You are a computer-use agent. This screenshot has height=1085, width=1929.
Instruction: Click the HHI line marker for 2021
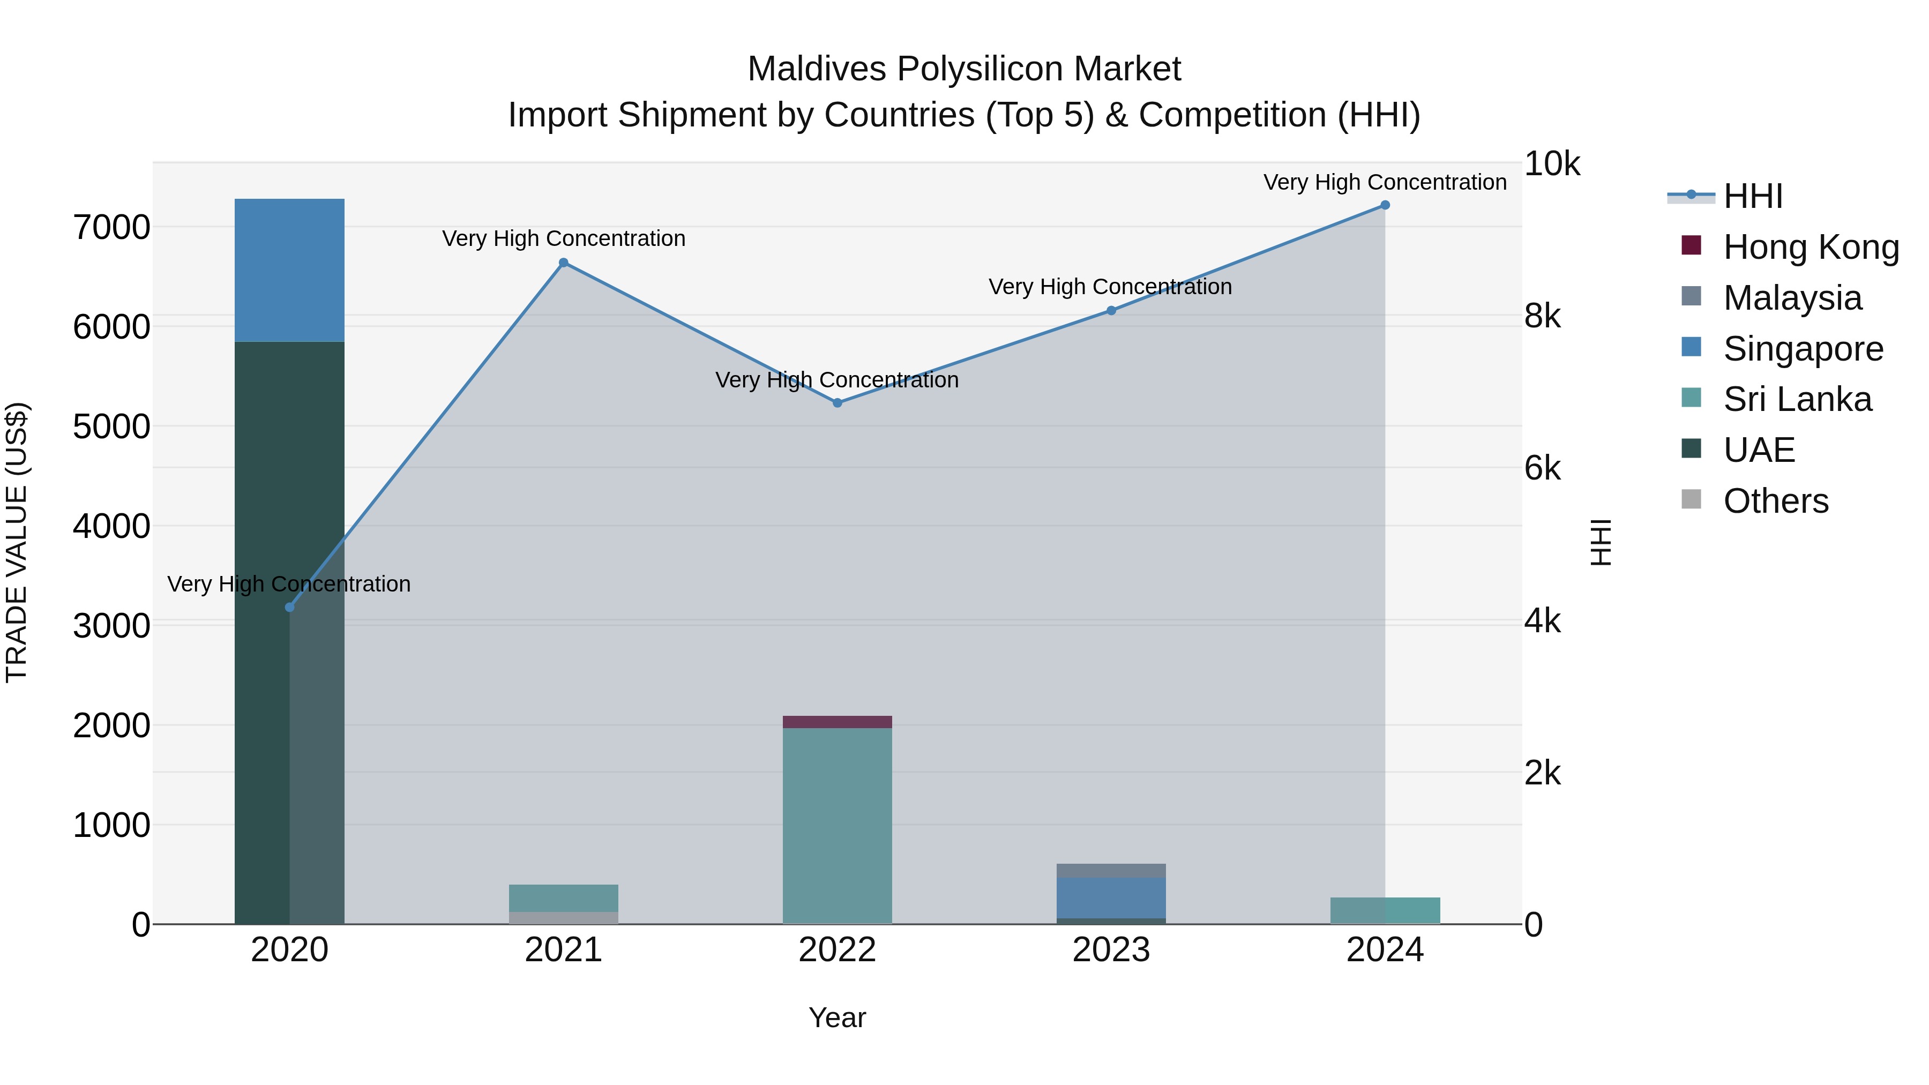point(564,263)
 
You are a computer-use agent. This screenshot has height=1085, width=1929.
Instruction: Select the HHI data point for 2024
point(1385,205)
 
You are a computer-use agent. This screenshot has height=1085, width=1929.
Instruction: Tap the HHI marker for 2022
point(837,403)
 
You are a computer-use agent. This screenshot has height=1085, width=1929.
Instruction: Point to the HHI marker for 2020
point(290,607)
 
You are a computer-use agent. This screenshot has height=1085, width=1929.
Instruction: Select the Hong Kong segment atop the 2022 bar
point(837,722)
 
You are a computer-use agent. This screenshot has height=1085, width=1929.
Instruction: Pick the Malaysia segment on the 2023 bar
point(1111,871)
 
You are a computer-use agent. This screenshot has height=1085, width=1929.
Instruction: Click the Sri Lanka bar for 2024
point(1385,910)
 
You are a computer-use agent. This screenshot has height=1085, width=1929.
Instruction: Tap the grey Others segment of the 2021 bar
point(563,918)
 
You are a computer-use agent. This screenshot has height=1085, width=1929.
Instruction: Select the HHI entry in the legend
point(1752,196)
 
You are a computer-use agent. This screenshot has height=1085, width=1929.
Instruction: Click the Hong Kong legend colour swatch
point(1691,245)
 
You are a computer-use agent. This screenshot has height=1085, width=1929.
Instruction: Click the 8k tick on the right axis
point(1543,316)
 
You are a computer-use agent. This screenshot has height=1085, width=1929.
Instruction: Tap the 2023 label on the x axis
point(1111,950)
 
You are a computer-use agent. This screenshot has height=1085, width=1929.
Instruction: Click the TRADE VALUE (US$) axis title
point(17,542)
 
